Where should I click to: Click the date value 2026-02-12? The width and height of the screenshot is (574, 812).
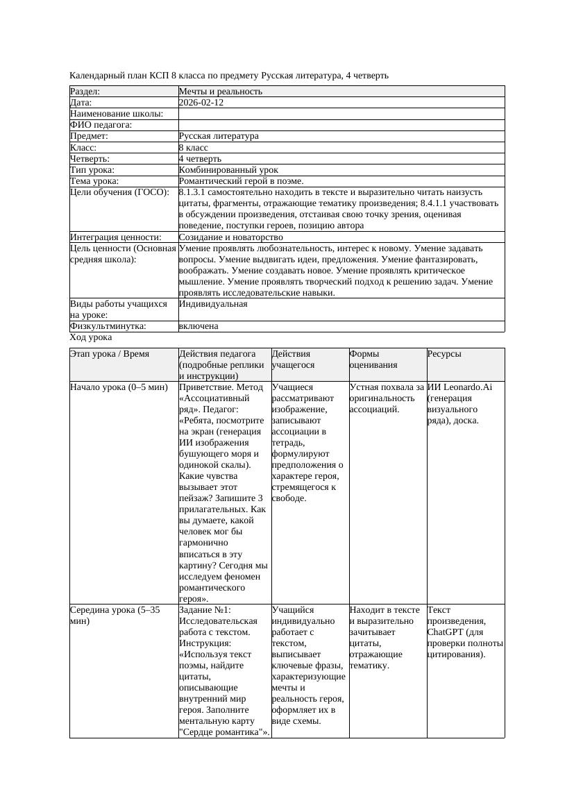pyautogui.click(x=201, y=103)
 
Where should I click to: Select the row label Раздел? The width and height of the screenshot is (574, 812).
pyautogui.click(x=85, y=92)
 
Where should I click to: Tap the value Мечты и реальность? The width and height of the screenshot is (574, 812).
pyautogui.click(x=220, y=92)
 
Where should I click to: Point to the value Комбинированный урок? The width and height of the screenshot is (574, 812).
pyautogui.click(x=228, y=170)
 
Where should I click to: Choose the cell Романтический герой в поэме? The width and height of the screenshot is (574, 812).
pyautogui.click(x=241, y=181)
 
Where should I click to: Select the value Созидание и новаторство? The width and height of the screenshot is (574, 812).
pyautogui.click(x=230, y=237)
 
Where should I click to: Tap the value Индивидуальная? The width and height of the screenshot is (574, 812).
pyautogui.click(x=212, y=304)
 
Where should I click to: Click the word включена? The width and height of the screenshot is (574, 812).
pyautogui.click(x=198, y=326)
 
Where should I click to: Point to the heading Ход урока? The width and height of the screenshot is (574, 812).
pyautogui.click(x=91, y=337)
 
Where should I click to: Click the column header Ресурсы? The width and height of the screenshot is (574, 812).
pyautogui.click(x=444, y=354)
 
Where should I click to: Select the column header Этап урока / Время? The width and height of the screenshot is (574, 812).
pyautogui.click(x=109, y=354)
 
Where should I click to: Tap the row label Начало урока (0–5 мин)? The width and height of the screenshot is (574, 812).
pyautogui.click(x=119, y=387)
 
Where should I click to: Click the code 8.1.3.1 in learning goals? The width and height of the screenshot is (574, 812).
pyautogui.click(x=194, y=192)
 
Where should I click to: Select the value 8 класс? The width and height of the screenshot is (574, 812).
pyautogui.click(x=193, y=148)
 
